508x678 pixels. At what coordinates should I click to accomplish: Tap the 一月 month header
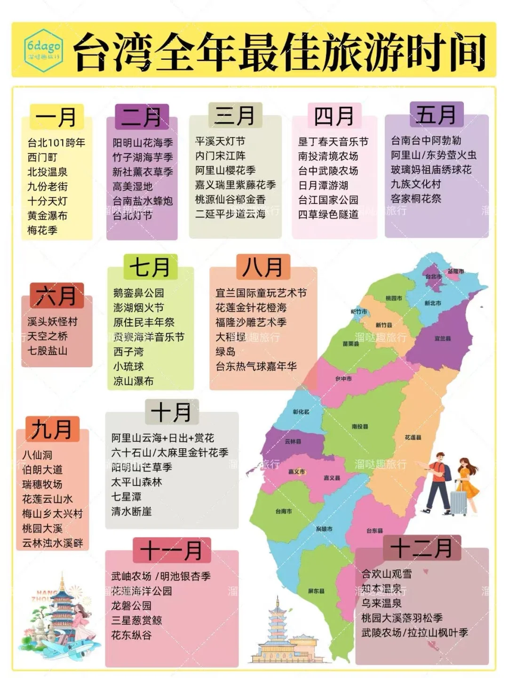[56, 117]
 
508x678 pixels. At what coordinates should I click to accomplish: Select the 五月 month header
[436, 114]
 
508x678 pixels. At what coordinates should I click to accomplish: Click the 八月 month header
[262, 267]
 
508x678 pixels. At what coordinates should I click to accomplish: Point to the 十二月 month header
[421, 548]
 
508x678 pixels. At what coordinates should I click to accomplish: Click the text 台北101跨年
[56, 143]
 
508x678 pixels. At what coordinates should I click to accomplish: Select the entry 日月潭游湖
[323, 186]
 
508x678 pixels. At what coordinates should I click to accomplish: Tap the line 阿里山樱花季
[225, 170]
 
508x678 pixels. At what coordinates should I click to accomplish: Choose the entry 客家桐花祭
[416, 199]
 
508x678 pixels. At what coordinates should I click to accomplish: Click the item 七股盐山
[48, 351]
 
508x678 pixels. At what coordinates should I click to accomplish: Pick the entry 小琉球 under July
[128, 366]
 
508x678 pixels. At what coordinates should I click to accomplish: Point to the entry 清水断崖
[132, 511]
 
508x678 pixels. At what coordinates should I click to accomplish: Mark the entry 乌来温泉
[381, 603]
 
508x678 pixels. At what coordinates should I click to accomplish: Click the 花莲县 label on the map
[413, 437]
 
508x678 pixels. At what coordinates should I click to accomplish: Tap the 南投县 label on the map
[360, 427]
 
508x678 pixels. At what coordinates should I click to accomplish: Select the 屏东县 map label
[316, 591]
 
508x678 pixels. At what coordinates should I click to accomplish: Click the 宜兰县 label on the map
[443, 339]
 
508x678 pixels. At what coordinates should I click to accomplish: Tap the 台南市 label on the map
[284, 511]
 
